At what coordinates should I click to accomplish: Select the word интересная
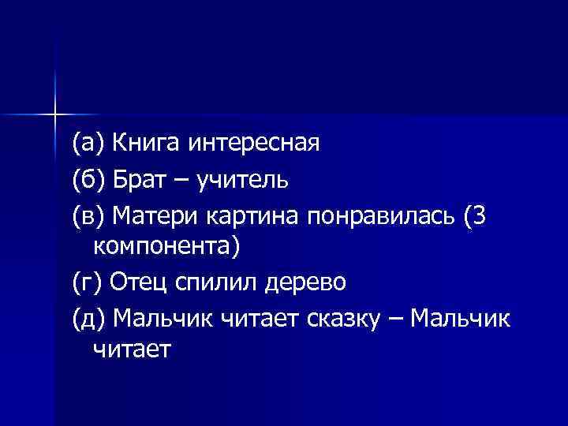[254, 144]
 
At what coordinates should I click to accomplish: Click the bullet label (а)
[88, 144]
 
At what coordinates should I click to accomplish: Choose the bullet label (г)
[87, 282]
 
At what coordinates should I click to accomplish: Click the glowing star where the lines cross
[55, 115]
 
